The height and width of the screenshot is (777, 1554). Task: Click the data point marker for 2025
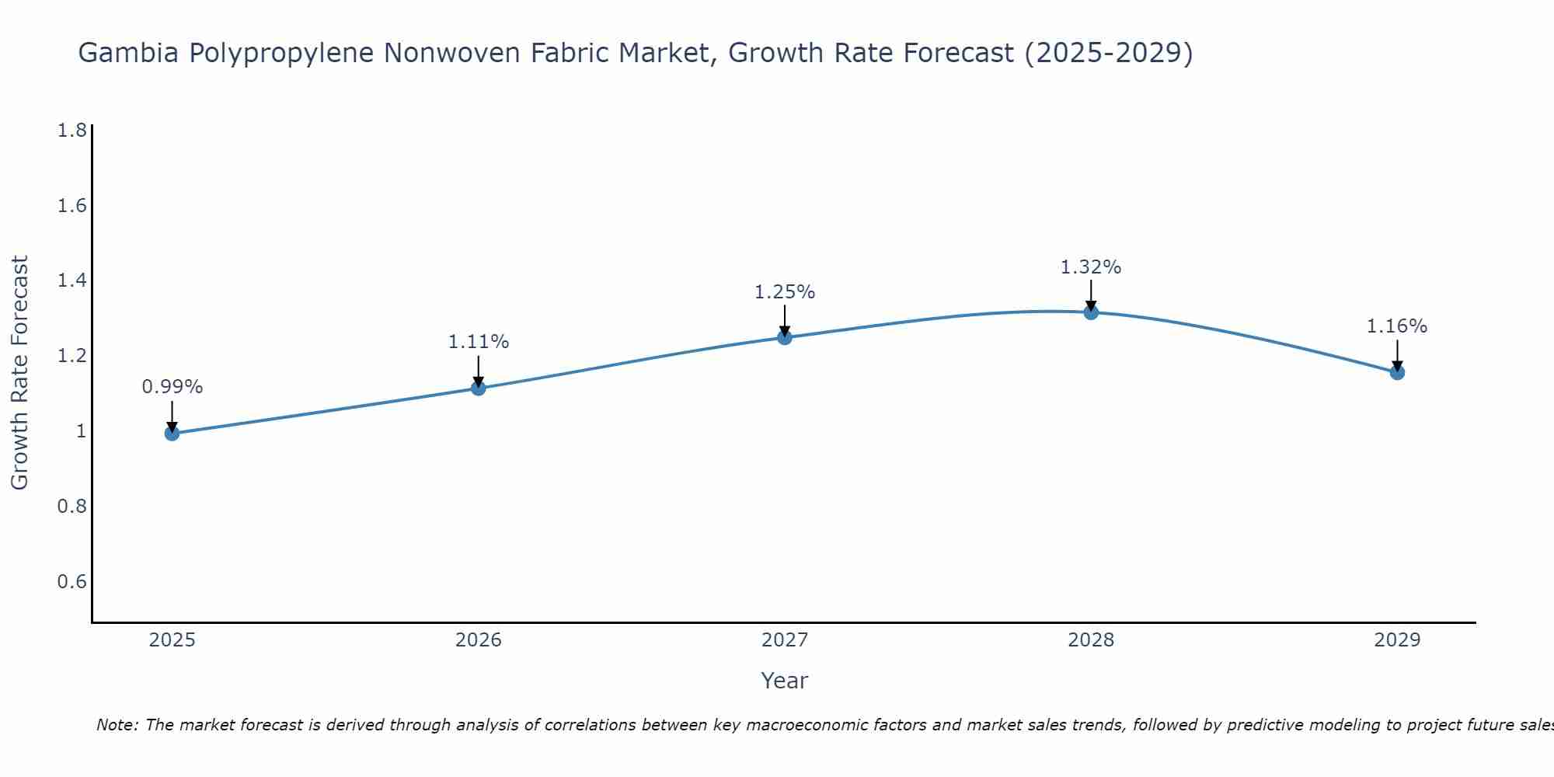[172, 433]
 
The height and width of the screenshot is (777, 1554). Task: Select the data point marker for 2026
[479, 388]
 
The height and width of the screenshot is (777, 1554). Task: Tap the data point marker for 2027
[785, 337]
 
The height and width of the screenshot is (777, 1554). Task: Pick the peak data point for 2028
[1091, 312]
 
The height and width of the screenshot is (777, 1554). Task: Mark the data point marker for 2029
[1397, 372]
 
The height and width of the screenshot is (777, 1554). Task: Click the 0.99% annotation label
[172, 387]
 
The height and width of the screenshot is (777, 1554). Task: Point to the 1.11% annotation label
[479, 342]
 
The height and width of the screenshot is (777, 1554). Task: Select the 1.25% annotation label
[785, 292]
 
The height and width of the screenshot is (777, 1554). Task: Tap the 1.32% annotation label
[1091, 267]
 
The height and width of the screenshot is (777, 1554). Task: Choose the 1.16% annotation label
[1397, 326]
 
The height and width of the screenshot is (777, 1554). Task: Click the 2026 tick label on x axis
[479, 640]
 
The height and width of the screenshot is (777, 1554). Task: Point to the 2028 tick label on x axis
[1091, 640]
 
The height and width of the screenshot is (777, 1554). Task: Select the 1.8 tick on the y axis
[72, 131]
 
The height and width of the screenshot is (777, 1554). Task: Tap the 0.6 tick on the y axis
[72, 582]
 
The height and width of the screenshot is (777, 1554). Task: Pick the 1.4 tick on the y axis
[72, 280]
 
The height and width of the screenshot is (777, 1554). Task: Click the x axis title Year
[785, 681]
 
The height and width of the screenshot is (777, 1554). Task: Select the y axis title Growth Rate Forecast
[20, 373]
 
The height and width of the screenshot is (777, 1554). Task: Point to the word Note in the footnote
[117, 725]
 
